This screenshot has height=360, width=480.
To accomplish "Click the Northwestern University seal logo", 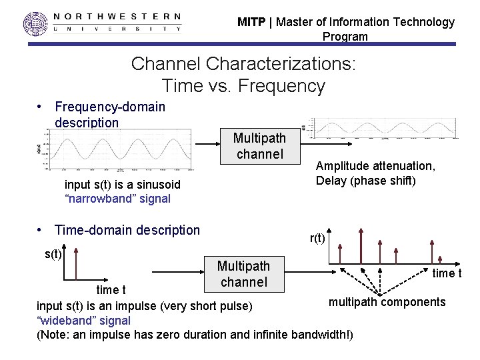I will click(37, 23).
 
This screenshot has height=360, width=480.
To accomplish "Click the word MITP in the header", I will click(251, 22).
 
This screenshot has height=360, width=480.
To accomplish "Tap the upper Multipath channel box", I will click(259, 146).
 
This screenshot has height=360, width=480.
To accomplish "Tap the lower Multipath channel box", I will click(243, 274).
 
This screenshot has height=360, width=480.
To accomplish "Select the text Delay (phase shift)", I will click(366, 181).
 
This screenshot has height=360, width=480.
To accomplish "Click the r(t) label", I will click(317, 238).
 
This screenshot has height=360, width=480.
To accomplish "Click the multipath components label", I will click(387, 302).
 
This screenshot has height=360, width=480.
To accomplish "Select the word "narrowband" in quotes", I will click(97, 198).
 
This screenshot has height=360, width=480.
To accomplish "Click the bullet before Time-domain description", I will click(41, 230).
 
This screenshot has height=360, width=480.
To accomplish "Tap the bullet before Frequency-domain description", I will click(41, 107).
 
